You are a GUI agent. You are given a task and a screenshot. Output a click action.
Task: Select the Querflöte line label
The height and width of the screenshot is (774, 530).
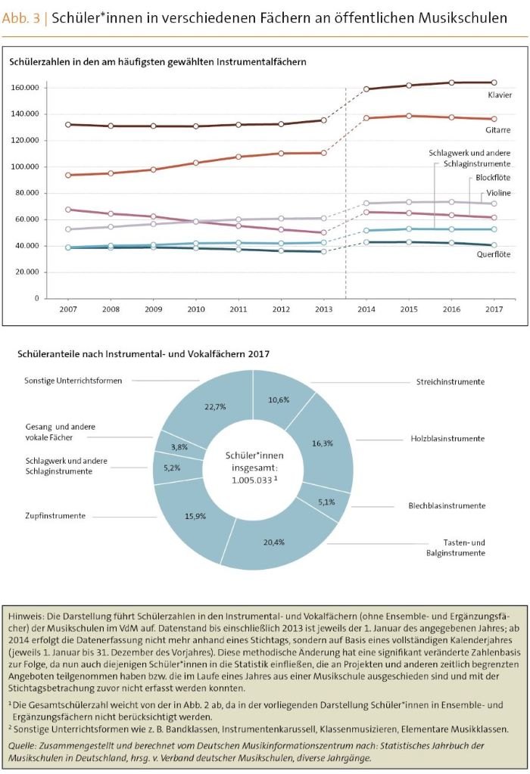coord(494,255)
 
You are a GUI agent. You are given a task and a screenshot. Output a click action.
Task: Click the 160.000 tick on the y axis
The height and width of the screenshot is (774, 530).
coord(25,88)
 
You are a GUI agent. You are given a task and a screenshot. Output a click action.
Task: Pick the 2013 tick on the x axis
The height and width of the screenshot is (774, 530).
coord(323,309)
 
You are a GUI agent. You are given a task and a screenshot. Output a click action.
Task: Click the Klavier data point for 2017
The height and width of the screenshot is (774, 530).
coord(494,82)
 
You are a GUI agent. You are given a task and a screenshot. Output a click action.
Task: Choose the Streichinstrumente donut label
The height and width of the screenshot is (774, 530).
coord(450,382)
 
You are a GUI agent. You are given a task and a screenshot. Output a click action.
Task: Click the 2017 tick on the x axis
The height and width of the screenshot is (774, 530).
coord(494,309)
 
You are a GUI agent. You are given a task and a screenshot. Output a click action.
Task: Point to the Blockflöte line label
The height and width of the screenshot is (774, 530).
coord(493,178)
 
